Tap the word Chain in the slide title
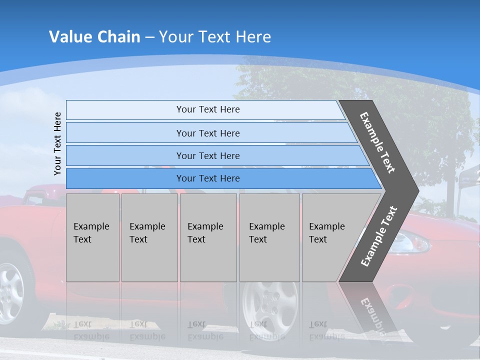pos(118,37)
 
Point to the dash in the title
pos(149,37)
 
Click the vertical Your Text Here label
pos(58,143)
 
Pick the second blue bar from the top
pos(207,133)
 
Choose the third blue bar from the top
pos(207,156)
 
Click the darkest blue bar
pos(207,178)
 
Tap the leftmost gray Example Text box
pos(92,237)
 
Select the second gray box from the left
pos(149,237)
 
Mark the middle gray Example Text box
pos(208,237)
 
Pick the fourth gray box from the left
pos(269,237)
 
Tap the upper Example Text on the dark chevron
pos(377,142)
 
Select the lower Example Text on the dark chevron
pos(378,236)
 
